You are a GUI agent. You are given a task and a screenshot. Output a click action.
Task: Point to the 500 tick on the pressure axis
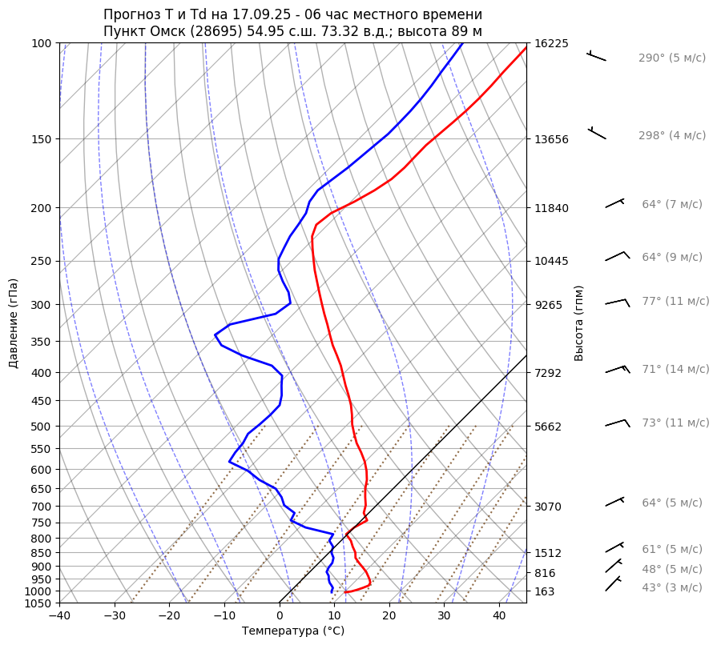(x=42, y=426)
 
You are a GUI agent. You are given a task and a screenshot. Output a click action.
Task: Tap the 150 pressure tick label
(x=42, y=139)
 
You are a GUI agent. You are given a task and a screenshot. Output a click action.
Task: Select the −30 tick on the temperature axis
(x=115, y=616)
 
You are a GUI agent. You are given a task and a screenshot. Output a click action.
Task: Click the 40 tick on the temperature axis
(x=499, y=616)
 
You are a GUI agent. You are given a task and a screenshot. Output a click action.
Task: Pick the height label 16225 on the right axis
(x=551, y=43)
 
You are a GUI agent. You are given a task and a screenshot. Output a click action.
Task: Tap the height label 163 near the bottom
(x=545, y=591)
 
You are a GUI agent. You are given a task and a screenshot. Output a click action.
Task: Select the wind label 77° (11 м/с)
(x=675, y=302)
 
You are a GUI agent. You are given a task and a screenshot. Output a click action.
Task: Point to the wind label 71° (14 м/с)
(x=675, y=370)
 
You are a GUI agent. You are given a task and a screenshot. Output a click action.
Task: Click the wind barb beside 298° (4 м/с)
(x=597, y=132)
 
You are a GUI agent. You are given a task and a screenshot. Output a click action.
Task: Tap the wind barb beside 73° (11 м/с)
(x=616, y=423)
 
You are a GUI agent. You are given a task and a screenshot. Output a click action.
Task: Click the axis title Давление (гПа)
(x=14, y=323)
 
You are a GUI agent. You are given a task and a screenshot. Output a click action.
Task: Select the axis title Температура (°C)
(x=293, y=631)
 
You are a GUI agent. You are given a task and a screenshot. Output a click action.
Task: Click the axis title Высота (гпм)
(x=579, y=322)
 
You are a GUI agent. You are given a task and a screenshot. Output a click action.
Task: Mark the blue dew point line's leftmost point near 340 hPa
(x=215, y=335)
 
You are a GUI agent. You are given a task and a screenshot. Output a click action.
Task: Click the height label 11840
(x=551, y=208)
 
